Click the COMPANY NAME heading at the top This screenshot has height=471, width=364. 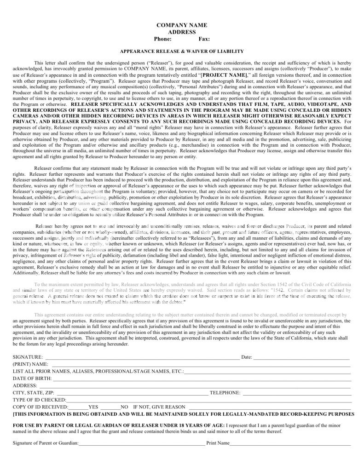(x=182, y=25)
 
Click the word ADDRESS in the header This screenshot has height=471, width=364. (x=182, y=32)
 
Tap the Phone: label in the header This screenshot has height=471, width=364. (x=162, y=39)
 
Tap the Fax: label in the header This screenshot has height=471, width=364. (x=204, y=39)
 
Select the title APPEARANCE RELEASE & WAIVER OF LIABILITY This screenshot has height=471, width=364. (x=182, y=52)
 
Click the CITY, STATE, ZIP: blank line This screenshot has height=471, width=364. (x=129, y=393)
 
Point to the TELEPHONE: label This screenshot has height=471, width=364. (x=225, y=393)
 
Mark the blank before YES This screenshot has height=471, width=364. (x=78, y=408)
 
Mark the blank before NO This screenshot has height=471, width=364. (x=110, y=408)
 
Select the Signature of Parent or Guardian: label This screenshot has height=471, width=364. (x=46, y=443)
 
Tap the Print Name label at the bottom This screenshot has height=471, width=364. (x=218, y=443)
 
